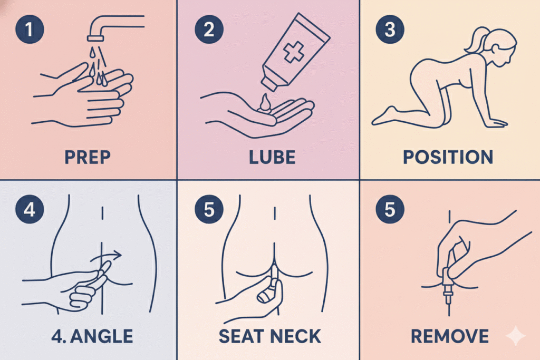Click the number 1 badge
click(30, 30)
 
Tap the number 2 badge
click(209, 30)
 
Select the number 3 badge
click(390, 30)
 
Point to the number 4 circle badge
click(30, 209)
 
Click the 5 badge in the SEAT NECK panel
click(209, 209)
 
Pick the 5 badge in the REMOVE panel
click(390, 209)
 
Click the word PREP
click(88, 157)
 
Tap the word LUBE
click(272, 157)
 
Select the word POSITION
click(448, 157)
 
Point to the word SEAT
click(241, 336)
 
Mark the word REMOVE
click(450, 336)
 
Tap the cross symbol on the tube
click(293, 52)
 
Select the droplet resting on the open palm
click(265, 103)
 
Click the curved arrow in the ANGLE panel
click(107, 256)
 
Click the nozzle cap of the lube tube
click(269, 83)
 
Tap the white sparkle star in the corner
click(516, 335)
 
